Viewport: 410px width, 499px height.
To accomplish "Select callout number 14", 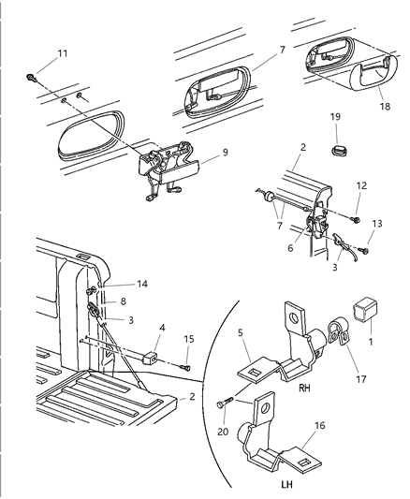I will click(142, 283).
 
